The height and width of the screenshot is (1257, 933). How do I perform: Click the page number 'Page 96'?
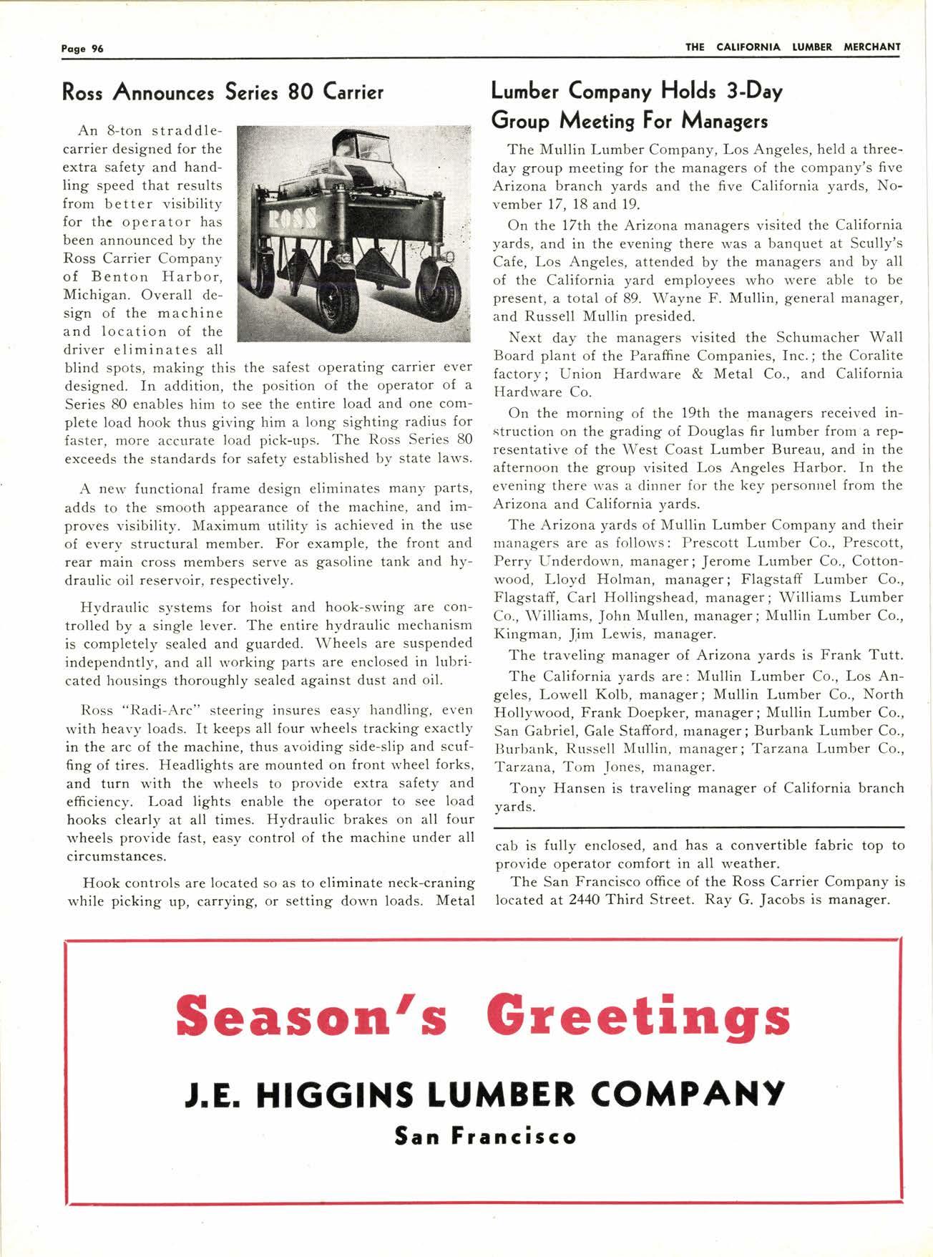(82, 49)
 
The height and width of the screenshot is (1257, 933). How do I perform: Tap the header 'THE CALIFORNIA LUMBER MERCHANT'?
(793, 47)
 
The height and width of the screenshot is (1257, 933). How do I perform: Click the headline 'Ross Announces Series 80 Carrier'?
(223, 92)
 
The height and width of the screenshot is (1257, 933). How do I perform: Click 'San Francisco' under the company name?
(485, 1136)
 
